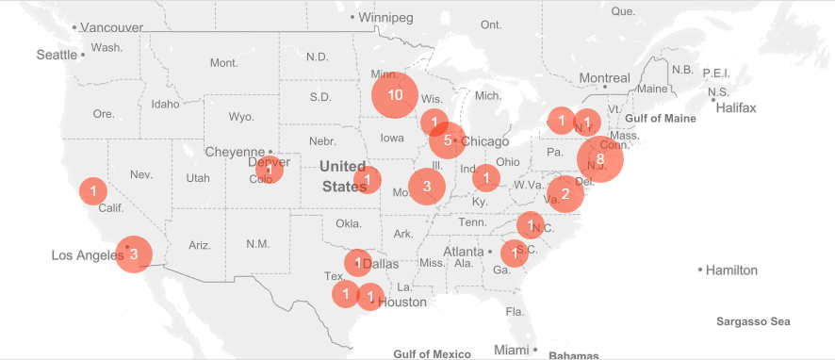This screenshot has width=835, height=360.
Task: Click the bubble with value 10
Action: click(395, 95)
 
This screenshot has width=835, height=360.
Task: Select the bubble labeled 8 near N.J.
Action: click(600, 158)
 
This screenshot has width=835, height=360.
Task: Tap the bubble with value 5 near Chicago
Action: click(447, 140)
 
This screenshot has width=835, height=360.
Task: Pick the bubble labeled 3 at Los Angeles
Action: click(134, 254)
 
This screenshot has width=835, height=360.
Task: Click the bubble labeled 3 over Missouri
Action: click(427, 187)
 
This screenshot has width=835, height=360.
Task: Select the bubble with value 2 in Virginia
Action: click(565, 195)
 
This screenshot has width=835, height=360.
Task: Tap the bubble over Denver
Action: click(269, 170)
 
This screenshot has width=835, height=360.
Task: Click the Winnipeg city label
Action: click(386, 17)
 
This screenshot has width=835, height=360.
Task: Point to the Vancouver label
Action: click(111, 27)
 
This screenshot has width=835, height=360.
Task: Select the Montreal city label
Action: click(604, 77)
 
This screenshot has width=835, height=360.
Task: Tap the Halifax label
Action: click(736, 108)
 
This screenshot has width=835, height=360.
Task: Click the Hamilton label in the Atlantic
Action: click(733, 270)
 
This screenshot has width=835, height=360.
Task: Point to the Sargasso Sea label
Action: click(752, 321)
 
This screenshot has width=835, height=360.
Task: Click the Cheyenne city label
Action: click(235, 152)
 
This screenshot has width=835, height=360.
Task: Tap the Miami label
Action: click(512, 351)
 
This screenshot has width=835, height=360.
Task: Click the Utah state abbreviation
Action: click(198, 177)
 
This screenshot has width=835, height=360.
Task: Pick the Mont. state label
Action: click(223, 63)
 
